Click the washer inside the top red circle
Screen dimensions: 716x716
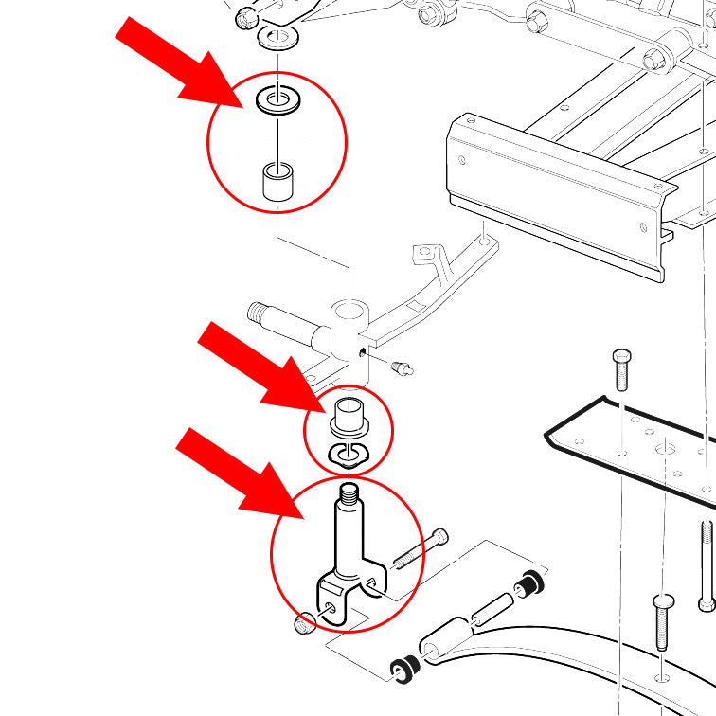point(277,100)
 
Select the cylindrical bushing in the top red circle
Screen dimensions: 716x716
point(277,181)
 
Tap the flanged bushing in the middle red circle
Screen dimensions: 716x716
point(348,419)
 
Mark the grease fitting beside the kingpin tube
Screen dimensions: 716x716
point(403,366)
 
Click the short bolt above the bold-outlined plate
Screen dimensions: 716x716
point(620,368)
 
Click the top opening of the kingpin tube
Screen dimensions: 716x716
point(350,310)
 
